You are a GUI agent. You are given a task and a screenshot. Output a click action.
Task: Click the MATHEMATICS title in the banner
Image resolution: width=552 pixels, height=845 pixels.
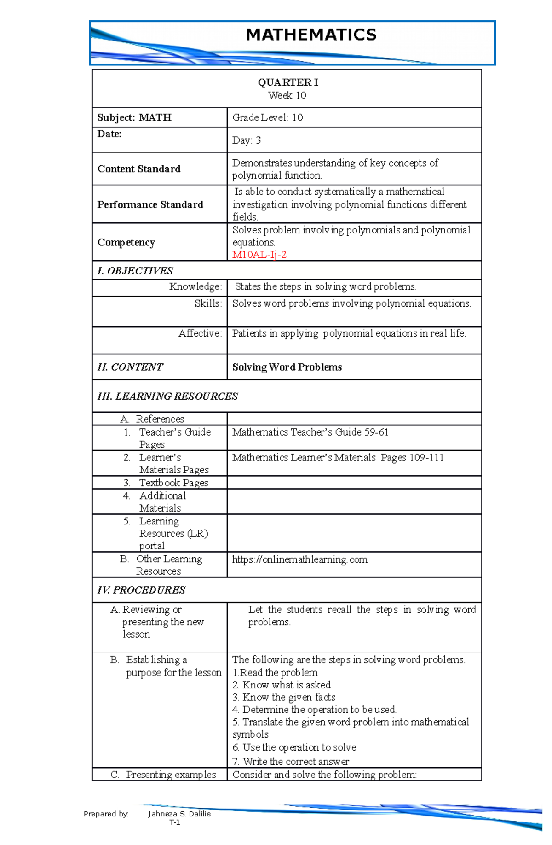pyautogui.click(x=311, y=35)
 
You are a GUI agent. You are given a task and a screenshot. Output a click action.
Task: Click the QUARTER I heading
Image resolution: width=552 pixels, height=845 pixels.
pyautogui.click(x=287, y=82)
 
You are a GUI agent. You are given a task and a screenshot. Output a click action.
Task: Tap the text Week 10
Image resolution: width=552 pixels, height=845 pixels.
pyautogui.click(x=287, y=95)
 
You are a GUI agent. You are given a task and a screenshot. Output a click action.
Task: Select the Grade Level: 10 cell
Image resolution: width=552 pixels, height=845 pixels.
pyautogui.click(x=267, y=117)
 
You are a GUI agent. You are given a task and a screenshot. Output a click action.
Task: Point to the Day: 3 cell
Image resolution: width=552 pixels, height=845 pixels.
pyautogui.click(x=247, y=140)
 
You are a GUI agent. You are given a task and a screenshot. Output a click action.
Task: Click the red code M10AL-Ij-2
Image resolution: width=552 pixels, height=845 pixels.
pyautogui.click(x=259, y=255)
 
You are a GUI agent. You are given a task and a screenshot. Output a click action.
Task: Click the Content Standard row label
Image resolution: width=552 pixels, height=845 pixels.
pyautogui.click(x=139, y=169)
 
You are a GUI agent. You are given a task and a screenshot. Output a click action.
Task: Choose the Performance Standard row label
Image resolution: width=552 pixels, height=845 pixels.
pyautogui.click(x=150, y=204)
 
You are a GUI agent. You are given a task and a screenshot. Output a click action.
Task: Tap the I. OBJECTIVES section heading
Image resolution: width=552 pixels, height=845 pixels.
pyautogui.click(x=135, y=271)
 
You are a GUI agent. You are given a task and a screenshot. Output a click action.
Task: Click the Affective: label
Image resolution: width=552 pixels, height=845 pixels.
pyautogui.click(x=200, y=333)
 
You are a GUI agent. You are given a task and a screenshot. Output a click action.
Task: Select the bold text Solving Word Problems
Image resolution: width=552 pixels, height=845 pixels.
pyautogui.click(x=287, y=367)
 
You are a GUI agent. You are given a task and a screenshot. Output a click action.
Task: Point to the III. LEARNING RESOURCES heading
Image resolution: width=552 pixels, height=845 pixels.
pyautogui.click(x=167, y=396)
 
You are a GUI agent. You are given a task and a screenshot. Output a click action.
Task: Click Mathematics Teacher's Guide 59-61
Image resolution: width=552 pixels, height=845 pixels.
pyautogui.click(x=310, y=432)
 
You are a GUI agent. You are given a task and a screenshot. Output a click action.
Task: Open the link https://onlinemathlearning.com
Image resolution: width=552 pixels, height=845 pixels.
pyautogui.click(x=299, y=559)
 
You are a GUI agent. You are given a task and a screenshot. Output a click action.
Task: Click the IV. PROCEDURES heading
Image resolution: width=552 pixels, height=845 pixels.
pyautogui.click(x=141, y=590)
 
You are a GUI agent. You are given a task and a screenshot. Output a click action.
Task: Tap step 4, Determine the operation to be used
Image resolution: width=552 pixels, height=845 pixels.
pyautogui.click(x=314, y=710)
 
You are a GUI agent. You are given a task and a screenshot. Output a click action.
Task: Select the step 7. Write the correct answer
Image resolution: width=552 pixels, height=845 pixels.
pyautogui.click(x=291, y=762)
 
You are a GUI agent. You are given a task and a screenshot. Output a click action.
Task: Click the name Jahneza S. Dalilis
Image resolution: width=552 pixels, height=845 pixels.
pyautogui.click(x=179, y=814)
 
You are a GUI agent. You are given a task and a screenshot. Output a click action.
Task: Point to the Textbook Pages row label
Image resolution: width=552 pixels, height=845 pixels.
pyautogui.click(x=173, y=483)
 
